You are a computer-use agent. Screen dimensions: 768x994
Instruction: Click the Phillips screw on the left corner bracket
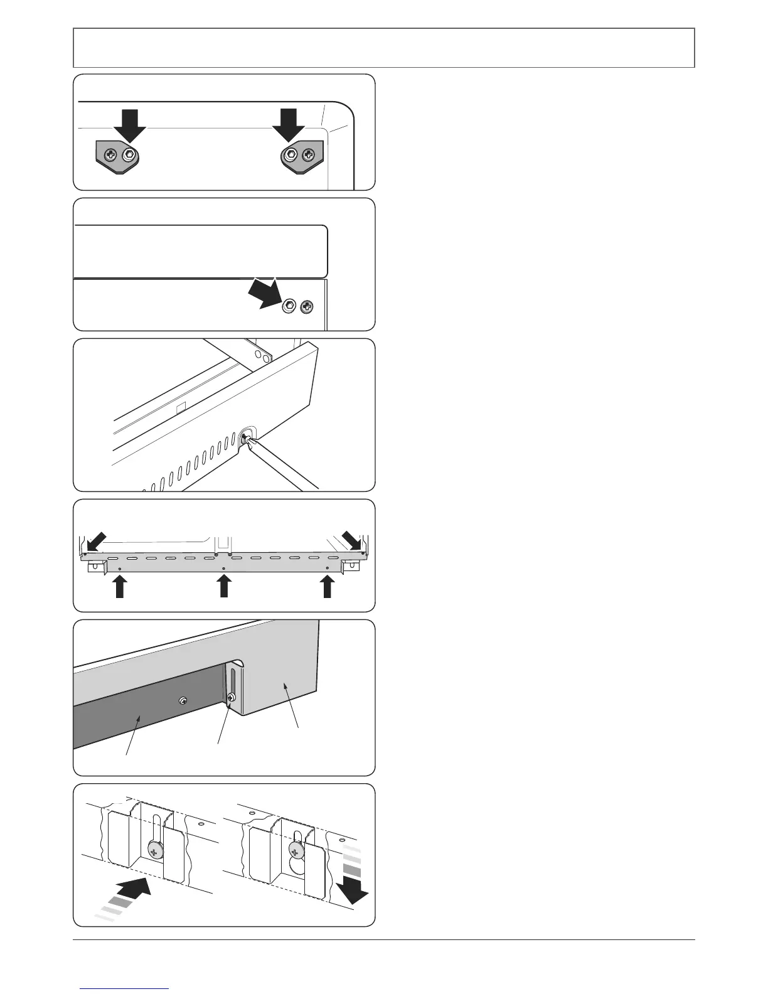pyautogui.click(x=110, y=154)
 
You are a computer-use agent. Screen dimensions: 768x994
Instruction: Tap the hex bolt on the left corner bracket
pyautogui.click(x=129, y=154)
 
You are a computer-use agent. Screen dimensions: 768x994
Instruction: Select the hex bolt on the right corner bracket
pyautogui.click(x=291, y=154)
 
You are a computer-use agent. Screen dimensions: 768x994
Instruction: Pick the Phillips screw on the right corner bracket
pyautogui.click(x=309, y=154)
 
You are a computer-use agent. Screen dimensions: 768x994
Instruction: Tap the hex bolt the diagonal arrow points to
pyautogui.click(x=289, y=307)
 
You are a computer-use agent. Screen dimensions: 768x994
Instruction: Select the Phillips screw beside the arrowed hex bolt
pyautogui.click(x=307, y=307)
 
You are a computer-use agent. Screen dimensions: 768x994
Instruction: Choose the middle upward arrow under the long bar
pyautogui.click(x=223, y=587)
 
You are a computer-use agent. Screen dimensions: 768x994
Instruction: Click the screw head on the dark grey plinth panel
pyautogui.click(x=182, y=700)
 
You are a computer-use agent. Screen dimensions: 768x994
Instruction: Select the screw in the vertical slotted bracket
pyautogui.click(x=233, y=697)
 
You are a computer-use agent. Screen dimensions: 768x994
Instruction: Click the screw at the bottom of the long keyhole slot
pyautogui.click(x=154, y=848)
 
